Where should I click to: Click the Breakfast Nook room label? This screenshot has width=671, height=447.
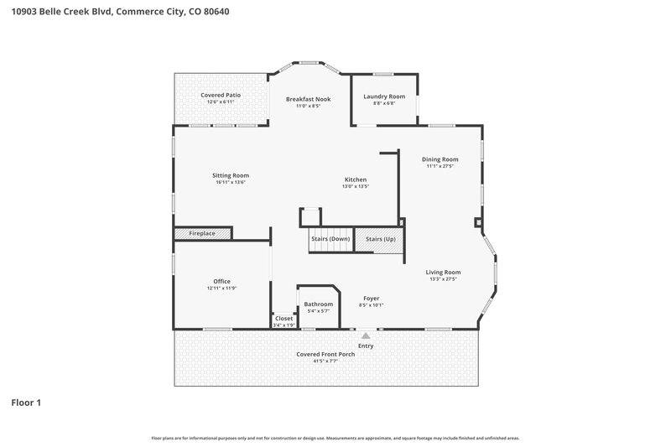[x=308, y=99]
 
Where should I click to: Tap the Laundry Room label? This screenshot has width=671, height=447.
[x=384, y=96]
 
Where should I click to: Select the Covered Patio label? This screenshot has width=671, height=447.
[x=221, y=96]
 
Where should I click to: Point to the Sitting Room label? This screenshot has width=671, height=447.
[x=230, y=175]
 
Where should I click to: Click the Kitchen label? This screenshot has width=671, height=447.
[x=356, y=179]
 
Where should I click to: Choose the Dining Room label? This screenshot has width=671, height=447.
[x=440, y=159]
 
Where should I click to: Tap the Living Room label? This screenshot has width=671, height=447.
[x=443, y=272]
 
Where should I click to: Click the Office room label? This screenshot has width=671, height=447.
[x=221, y=281]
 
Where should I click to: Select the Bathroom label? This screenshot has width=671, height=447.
[x=318, y=304]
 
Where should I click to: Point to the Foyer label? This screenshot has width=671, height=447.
[x=371, y=299]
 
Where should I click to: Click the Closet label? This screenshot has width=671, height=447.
[x=283, y=318]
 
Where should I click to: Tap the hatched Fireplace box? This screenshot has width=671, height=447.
[x=202, y=233]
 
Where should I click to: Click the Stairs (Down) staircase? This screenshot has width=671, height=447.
[x=330, y=240]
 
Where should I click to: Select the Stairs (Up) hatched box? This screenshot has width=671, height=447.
[x=380, y=240]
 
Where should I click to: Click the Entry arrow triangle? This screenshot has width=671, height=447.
[x=366, y=335]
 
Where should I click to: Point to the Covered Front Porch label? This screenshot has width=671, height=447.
[x=325, y=354]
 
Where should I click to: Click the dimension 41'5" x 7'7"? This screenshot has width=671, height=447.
[x=325, y=361]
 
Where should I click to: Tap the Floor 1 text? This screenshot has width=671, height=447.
[x=26, y=403]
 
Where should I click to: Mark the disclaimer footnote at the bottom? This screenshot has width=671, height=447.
[x=335, y=438]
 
